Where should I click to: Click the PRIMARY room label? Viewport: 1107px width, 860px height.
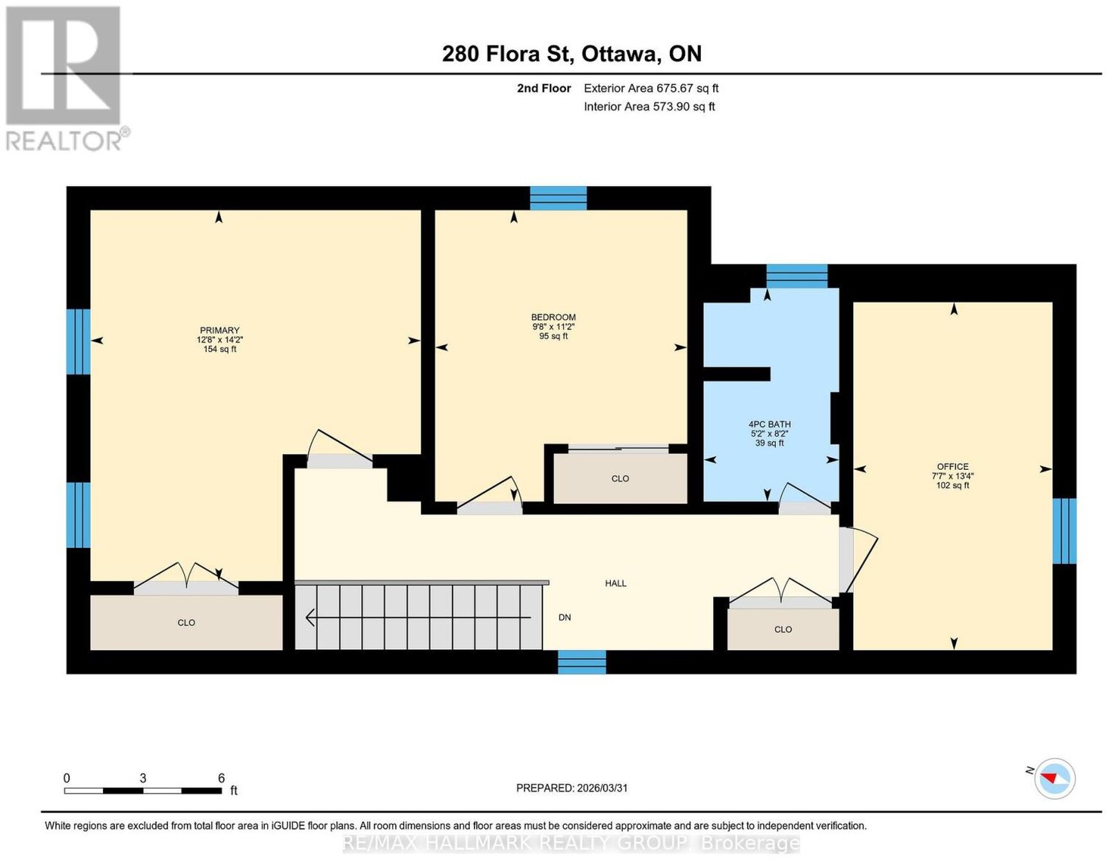219,330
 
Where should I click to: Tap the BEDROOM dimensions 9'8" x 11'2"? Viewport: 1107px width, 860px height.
553,327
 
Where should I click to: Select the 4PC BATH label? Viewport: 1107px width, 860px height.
769,424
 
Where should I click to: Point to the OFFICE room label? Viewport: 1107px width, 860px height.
953,466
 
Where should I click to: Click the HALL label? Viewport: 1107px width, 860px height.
615,583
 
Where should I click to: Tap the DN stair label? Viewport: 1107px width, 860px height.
565,617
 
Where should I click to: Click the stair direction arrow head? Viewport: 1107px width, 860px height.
309,618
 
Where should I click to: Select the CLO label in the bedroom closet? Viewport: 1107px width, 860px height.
620,479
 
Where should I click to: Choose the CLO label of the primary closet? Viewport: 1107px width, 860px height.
186,623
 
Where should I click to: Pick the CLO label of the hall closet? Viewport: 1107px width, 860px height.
783,630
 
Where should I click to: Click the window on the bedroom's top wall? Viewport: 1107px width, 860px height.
558,198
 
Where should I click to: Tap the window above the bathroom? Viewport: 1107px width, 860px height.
797,276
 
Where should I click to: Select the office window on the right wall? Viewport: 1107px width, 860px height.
1064,531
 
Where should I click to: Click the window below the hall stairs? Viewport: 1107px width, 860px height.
582,662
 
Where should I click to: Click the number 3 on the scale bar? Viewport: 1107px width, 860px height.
143,778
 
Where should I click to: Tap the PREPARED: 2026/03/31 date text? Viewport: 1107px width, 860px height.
571,788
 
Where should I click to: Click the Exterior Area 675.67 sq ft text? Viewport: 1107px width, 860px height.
651,88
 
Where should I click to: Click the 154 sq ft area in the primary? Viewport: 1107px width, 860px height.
219,349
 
